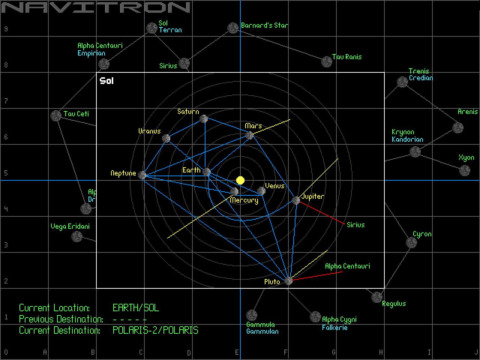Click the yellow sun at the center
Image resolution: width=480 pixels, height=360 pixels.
coord(240,180)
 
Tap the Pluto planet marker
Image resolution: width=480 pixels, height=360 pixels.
coord(288,281)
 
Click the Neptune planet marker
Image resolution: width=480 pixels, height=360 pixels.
coord(142,175)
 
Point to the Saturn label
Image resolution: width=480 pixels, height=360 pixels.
coord(188,111)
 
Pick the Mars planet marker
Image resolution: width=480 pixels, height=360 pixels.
coord(249,135)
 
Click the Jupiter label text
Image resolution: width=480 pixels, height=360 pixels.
coord(313,196)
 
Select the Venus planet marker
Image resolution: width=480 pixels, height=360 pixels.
coord(261,191)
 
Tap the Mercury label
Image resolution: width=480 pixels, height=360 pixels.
coord(244,200)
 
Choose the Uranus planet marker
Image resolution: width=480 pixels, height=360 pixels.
coord(166,138)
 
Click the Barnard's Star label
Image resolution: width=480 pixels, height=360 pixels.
coord(264,25)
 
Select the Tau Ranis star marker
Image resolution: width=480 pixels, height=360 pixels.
coord(327,62)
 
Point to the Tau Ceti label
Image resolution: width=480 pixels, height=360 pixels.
coord(76,114)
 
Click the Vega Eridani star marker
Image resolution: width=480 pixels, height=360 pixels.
coord(77,236)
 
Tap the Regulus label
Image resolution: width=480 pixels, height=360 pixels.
coord(394,303)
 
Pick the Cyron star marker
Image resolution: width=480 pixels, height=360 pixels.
coord(411,243)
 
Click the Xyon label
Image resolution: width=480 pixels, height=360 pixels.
coord(466,157)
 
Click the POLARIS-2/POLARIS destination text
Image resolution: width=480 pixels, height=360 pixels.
coord(155,330)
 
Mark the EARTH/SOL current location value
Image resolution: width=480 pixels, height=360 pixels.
coord(136,308)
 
